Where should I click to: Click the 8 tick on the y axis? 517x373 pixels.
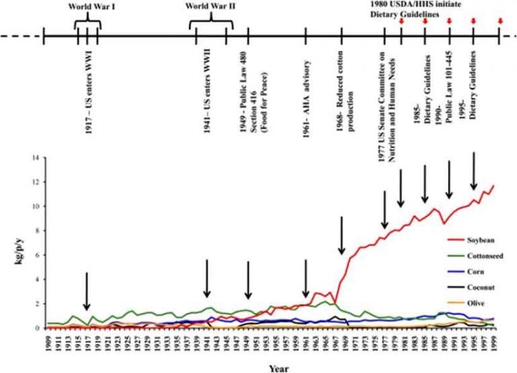38,231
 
